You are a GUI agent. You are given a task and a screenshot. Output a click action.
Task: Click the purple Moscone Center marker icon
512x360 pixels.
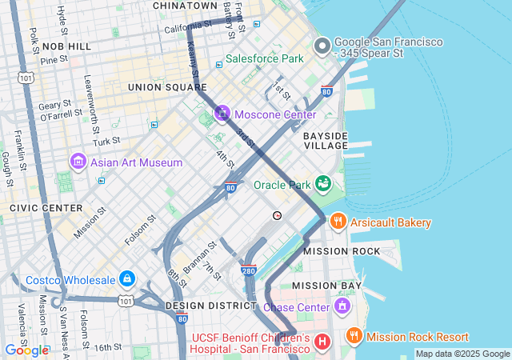point(222,114)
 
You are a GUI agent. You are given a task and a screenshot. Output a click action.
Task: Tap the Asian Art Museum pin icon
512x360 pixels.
point(78,162)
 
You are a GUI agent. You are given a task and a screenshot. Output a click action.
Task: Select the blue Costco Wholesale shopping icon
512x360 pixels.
point(126,279)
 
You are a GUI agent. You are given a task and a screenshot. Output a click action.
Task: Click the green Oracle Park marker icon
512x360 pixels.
point(324,185)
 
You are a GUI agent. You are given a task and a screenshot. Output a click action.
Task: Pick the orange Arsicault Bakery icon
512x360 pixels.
point(338,222)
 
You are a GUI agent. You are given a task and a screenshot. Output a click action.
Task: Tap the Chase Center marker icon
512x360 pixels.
point(342,306)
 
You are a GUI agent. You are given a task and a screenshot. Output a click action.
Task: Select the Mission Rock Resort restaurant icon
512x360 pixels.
point(354,337)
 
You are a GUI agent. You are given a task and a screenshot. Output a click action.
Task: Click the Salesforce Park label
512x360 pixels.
point(264,58)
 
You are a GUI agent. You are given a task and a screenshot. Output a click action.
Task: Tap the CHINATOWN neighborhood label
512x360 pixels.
point(185,6)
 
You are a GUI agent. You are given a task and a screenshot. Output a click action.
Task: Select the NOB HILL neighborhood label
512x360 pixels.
point(67,47)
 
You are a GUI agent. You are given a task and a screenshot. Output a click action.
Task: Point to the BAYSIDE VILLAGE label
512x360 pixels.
point(326,141)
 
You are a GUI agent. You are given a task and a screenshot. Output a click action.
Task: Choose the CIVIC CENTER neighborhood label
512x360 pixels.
point(34,207)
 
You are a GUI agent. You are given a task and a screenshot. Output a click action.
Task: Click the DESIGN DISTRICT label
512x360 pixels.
point(210,306)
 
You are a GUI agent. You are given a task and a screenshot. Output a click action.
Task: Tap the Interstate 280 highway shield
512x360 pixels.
point(249,272)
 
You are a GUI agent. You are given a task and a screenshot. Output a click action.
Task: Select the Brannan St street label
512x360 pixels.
point(200,258)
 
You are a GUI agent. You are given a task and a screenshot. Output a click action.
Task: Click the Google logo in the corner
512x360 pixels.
point(26,350)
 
